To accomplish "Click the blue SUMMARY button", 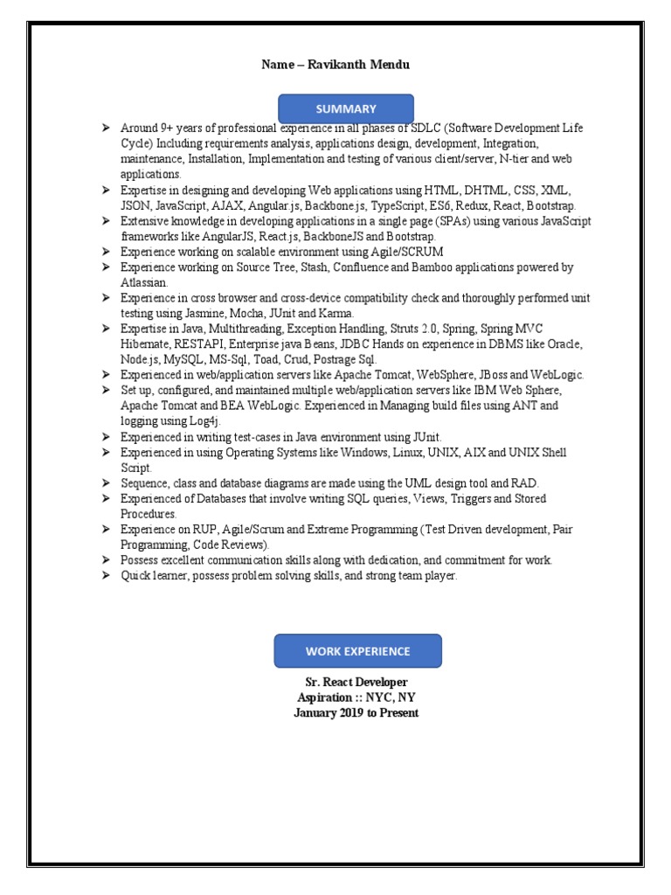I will pos(346,109).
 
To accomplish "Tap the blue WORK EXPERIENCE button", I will pos(357,651).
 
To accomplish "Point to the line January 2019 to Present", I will pos(356,713).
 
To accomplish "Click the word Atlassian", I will pos(143,282).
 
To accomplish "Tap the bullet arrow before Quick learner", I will pos(105,576).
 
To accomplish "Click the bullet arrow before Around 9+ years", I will pos(105,128).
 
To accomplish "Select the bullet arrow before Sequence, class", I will pos(105,483).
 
